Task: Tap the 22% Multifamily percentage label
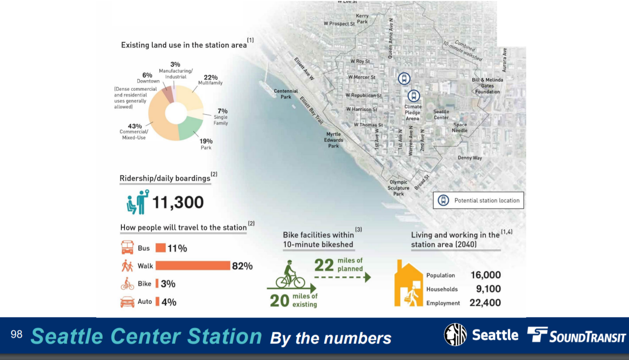210,77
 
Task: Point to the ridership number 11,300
178,202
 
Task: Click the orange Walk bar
193,266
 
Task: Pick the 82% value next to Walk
242,266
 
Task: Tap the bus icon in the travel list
127,248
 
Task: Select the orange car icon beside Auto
127,302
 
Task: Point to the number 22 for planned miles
324,265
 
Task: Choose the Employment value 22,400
485,303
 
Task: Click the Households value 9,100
488,289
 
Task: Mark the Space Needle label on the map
460,128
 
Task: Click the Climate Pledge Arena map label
413,112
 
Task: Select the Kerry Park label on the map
362,19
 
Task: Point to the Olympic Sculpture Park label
398,188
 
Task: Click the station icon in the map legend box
443,200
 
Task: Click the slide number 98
17,334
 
